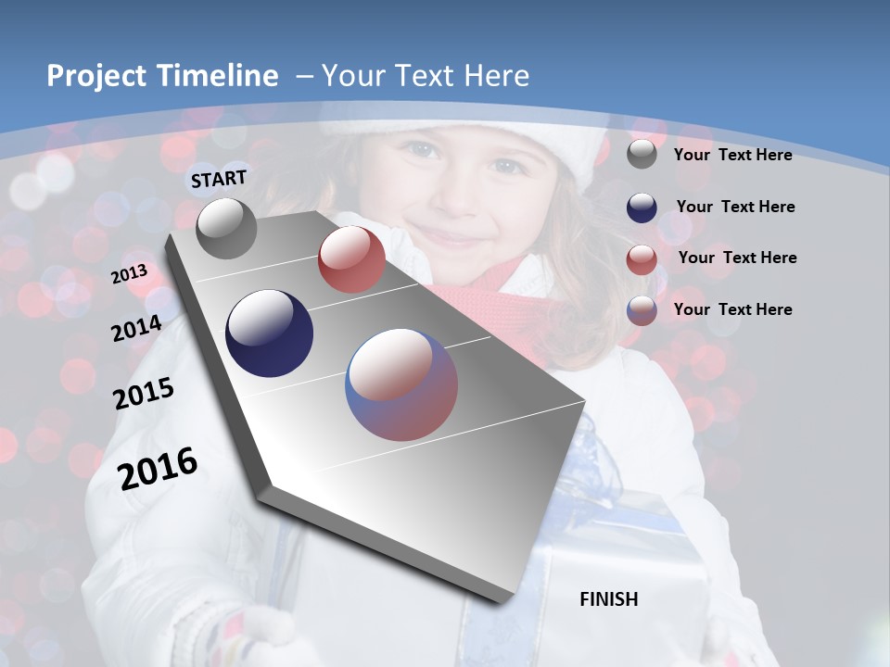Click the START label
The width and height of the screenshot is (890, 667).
pyautogui.click(x=219, y=179)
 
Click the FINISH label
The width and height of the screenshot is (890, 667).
pyautogui.click(x=609, y=599)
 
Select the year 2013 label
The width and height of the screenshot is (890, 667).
pyautogui.click(x=129, y=274)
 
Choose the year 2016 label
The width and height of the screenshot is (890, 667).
pyautogui.click(x=158, y=469)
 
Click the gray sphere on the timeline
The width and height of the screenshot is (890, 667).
pyautogui.click(x=227, y=228)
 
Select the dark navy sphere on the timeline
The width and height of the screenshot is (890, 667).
pyautogui.click(x=270, y=333)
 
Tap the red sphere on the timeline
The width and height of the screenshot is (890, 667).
pyautogui.click(x=351, y=259)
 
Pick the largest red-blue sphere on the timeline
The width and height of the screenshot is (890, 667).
pyautogui.click(x=401, y=384)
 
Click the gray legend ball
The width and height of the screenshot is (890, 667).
pyautogui.click(x=642, y=155)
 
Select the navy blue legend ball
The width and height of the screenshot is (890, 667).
pyautogui.click(x=642, y=208)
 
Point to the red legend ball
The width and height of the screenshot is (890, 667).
pyautogui.click(x=642, y=259)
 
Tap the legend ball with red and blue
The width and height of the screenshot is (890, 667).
pyautogui.click(x=642, y=310)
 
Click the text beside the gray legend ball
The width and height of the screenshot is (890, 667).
pyautogui.click(x=732, y=155)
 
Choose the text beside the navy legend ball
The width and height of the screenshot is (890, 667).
pyautogui.click(x=735, y=207)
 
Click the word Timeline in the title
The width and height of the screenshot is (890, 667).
pyautogui.click(x=220, y=76)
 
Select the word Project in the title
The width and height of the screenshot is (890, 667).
pyautogui.click(x=97, y=76)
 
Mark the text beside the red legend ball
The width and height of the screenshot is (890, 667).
pyautogui.click(x=737, y=258)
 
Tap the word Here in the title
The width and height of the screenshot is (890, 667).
pyautogui.click(x=498, y=76)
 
